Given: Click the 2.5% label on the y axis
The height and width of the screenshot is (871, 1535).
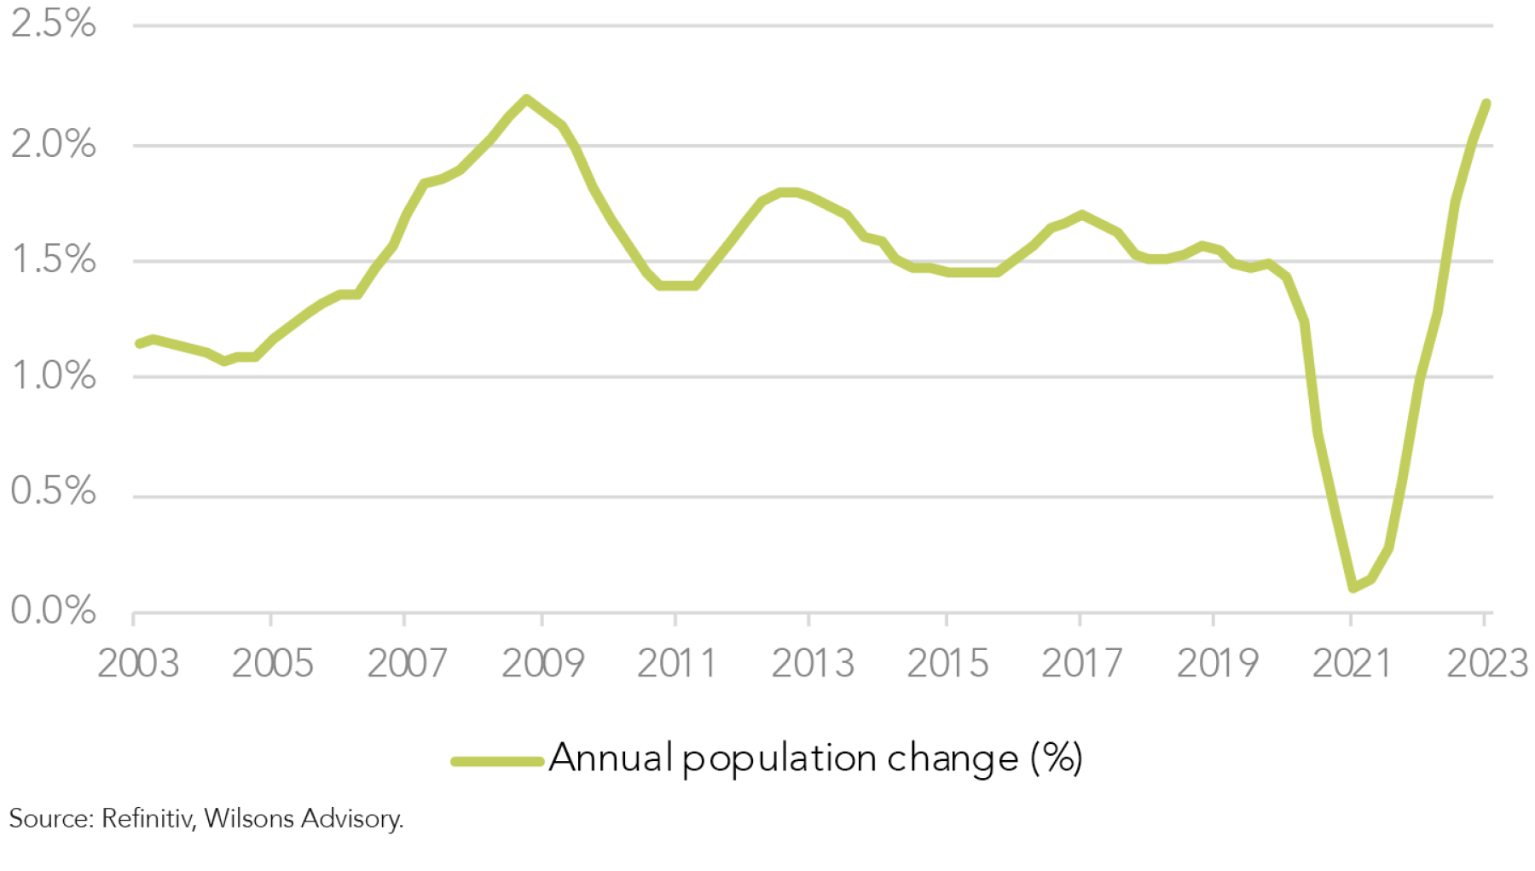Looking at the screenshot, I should [x=53, y=24].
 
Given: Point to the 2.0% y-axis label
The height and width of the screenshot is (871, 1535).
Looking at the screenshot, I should [x=53, y=143].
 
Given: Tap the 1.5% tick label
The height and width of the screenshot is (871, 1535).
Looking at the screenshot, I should [x=53, y=259].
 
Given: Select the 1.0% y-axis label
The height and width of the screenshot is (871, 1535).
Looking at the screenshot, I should [x=53, y=375].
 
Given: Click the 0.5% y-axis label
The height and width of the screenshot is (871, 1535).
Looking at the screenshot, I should [x=53, y=491].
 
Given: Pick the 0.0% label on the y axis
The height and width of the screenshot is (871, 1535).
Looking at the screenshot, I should [x=53, y=610].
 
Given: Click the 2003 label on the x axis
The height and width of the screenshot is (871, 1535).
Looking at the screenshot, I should [x=138, y=664].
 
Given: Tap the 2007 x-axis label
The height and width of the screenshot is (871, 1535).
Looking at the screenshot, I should [x=407, y=664].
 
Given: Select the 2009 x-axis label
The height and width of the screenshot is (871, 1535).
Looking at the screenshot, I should [x=542, y=664].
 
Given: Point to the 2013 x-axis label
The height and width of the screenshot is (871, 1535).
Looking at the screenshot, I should [x=812, y=664].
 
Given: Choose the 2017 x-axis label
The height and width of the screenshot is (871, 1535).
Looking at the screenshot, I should [x=1081, y=664].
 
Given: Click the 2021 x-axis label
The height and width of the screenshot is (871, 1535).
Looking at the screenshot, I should [x=1351, y=664].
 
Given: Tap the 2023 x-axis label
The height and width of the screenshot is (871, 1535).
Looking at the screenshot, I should [x=1486, y=664].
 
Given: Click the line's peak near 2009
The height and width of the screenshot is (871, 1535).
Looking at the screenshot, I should [x=526, y=99].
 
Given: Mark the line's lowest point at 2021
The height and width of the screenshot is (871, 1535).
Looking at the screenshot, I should [x=1353, y=588].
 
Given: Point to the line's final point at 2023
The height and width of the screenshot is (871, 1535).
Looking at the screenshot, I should [x=1486, y=103].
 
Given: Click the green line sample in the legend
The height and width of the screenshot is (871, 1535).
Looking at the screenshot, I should [x=497, y=761].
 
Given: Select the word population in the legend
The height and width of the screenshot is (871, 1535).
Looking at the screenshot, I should [x=779, y=759].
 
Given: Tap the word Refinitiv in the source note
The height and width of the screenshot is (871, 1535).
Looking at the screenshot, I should [x=148, y=819].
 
